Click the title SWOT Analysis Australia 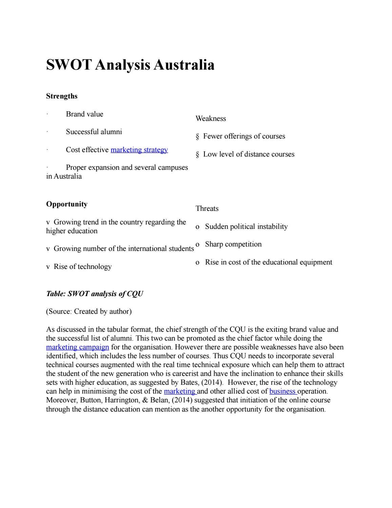point(130,65)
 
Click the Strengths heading point(62,96)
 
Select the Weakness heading point(211,119)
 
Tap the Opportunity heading point(66,204)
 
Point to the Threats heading point(207,208)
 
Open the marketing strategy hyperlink point(139,150)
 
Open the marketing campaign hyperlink point(77,347)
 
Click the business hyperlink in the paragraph point(282,391)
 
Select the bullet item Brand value point(84,114)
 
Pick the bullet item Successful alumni point(94,132)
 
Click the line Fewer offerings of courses point(244,136)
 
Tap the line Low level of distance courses point(249,154)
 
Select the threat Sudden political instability point(246,226)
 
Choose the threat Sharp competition point(233,244)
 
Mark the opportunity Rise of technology point(82,267)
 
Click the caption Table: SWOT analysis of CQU point(94,294)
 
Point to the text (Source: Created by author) point(89,311)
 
